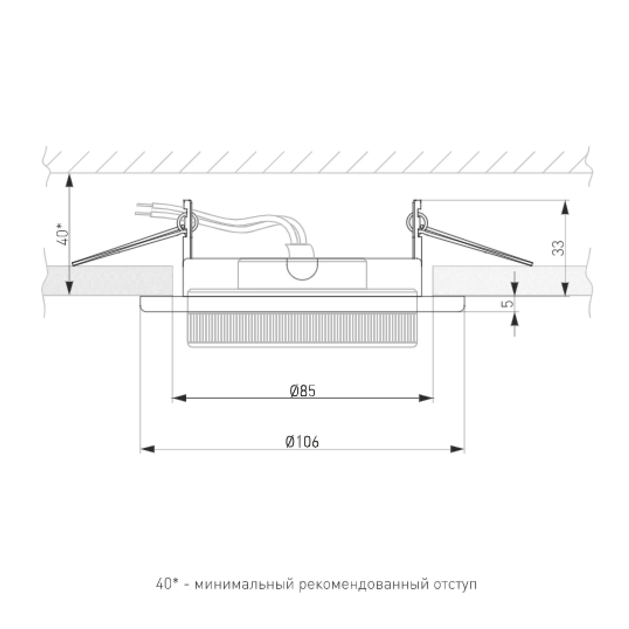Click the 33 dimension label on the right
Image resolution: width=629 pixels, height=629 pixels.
[x=558, y=248]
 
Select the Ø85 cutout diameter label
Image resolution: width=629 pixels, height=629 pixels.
[x=303, y=391]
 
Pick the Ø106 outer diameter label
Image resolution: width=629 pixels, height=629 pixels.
[x=303, y=442]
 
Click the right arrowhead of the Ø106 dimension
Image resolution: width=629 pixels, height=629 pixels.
[x=457, y=449]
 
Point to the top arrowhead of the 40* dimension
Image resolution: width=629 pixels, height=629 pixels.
[x=69, y=181]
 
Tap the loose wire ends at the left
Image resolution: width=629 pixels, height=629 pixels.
[x=142, y=209]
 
